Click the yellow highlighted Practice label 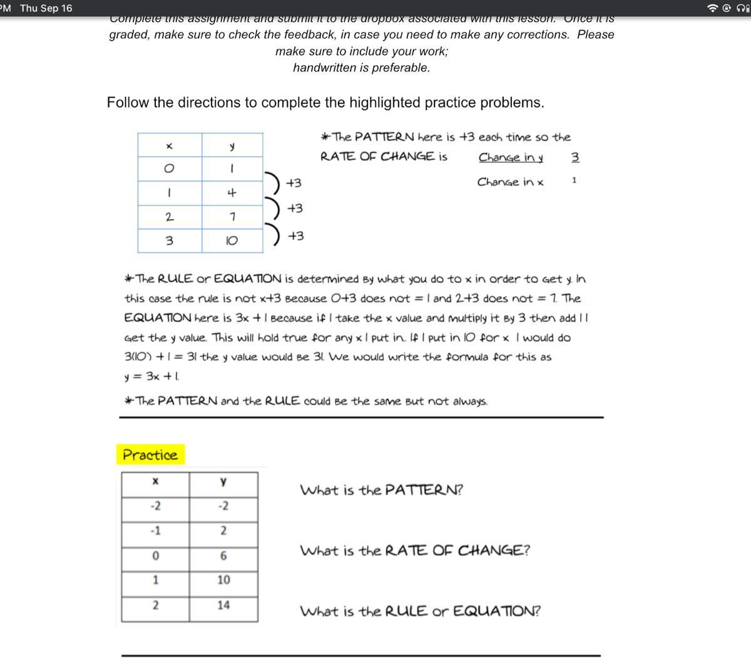pos(150,455)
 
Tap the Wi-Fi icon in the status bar pos(712,8)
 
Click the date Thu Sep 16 pos(46,8)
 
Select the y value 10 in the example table pos(232,241)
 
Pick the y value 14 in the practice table pos(223,605)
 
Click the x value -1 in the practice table pos(155,531)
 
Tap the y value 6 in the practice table pos(223,556)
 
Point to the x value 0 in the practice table pos(155,556)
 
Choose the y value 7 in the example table pos(232,217)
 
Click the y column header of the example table pos(232,146)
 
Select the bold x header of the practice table pos(155,481)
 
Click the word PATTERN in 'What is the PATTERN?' pos(424,490)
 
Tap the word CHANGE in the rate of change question pos(494,551)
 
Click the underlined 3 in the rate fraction pos(575,157)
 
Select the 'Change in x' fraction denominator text pos(510,182)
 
